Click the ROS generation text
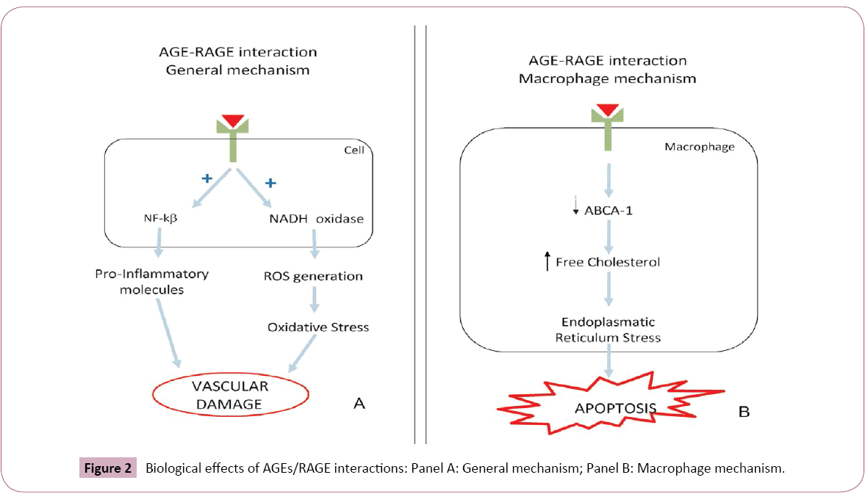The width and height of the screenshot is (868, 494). point(313,277)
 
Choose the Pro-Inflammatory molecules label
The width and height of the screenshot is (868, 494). point(151,281)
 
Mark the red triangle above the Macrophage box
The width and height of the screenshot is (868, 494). point(608,111)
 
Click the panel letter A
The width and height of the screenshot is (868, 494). point(359,404)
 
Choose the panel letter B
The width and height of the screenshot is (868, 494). point(744,413)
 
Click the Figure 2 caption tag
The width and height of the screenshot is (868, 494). point(108,468)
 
